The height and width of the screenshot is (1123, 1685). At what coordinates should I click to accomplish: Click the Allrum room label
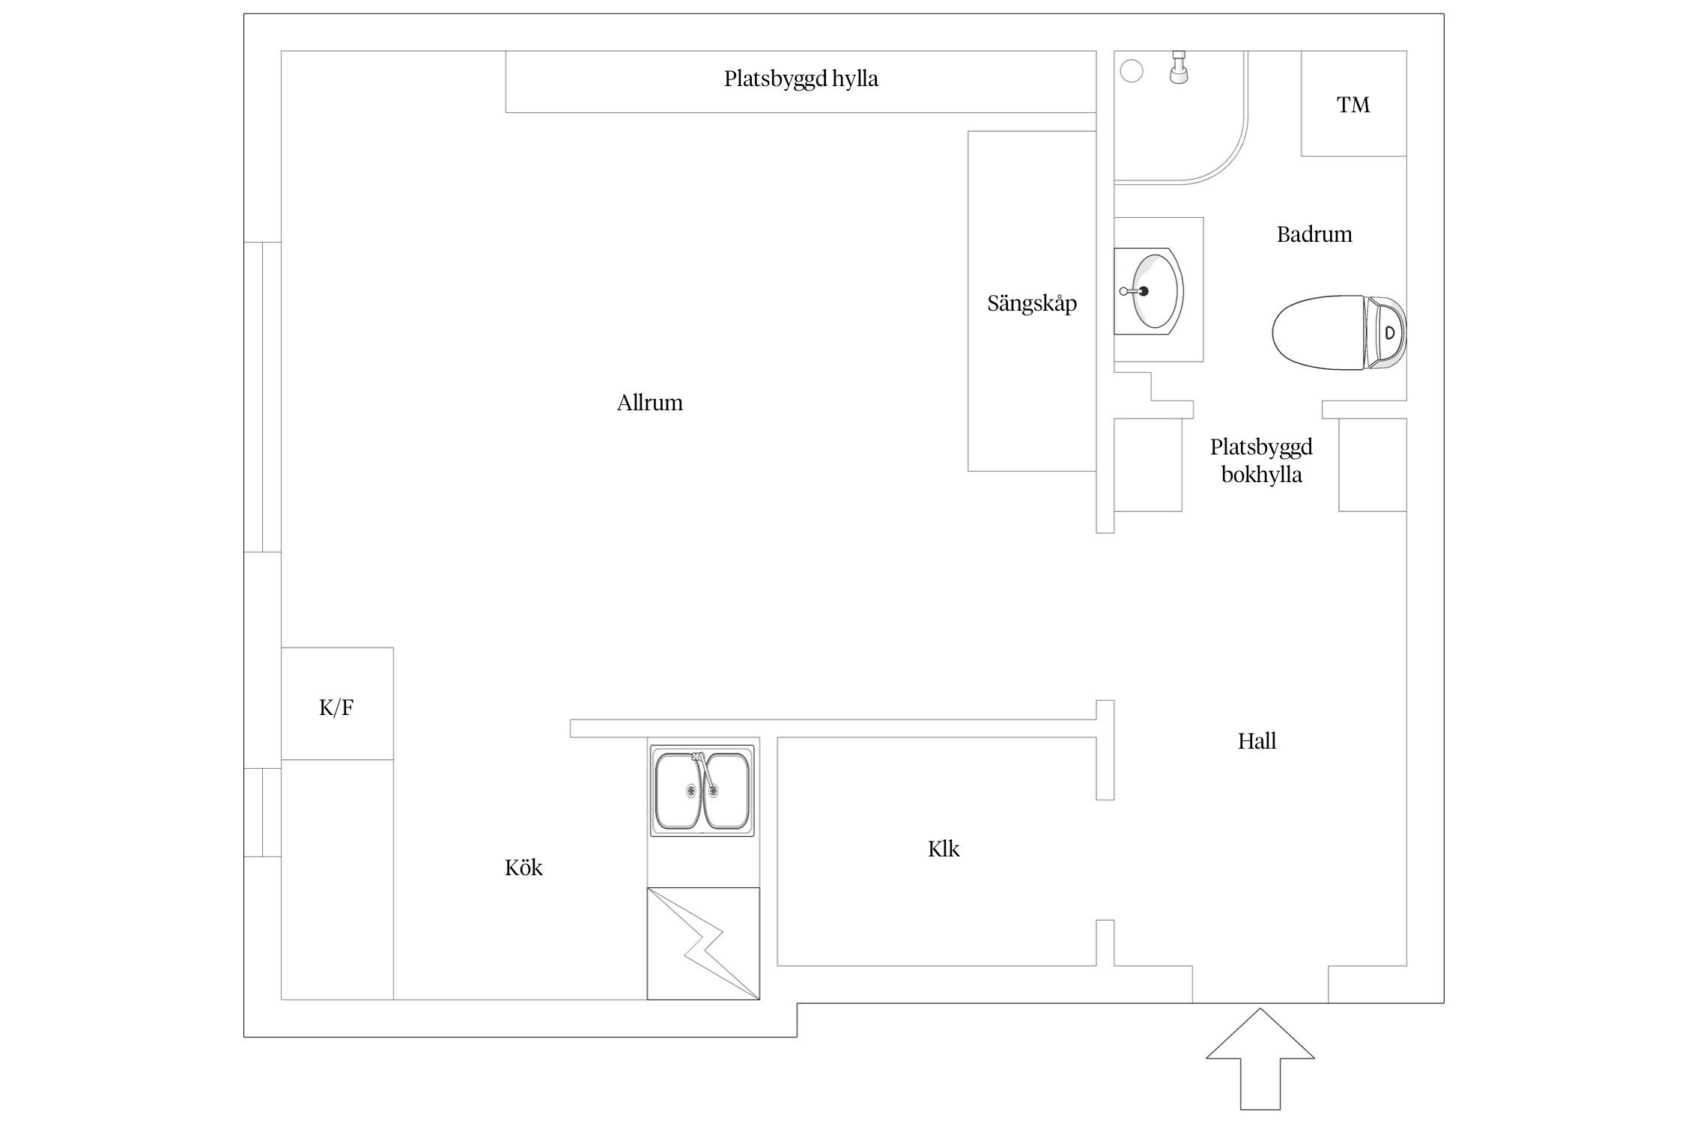point(649,403)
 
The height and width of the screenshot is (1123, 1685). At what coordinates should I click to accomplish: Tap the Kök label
point(523,867)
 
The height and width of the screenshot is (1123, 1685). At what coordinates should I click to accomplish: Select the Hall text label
point(1257,741)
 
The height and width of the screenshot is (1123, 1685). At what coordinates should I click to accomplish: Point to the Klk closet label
point(944,848)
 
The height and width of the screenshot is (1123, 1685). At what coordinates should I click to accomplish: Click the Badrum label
point(1314,234)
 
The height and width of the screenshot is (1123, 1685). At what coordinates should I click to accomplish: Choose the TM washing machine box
point(1353,103)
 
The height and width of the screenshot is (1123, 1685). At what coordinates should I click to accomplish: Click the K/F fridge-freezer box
point(337,704)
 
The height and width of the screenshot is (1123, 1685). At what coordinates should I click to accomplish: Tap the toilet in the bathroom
point(1339,332)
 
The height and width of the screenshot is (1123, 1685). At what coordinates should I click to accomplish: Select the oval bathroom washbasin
point(1150,291)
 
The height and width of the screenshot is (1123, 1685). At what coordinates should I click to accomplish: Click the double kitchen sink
point(702,791)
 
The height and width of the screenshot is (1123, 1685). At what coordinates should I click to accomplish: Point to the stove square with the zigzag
point(703,943)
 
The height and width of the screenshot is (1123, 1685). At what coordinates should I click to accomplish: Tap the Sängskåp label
point(1032,303)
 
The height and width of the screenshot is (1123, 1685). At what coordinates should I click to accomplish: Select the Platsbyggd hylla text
point(801,79)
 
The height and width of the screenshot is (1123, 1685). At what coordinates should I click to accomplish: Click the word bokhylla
point(1262,475)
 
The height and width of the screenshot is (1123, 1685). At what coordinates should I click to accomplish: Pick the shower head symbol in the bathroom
point(1179,67)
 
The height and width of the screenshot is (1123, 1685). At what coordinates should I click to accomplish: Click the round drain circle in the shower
point(1132,71)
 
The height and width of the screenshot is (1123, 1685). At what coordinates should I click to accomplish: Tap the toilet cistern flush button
point(1390,333)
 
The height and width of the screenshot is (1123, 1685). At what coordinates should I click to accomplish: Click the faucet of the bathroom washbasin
point(1135,291)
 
